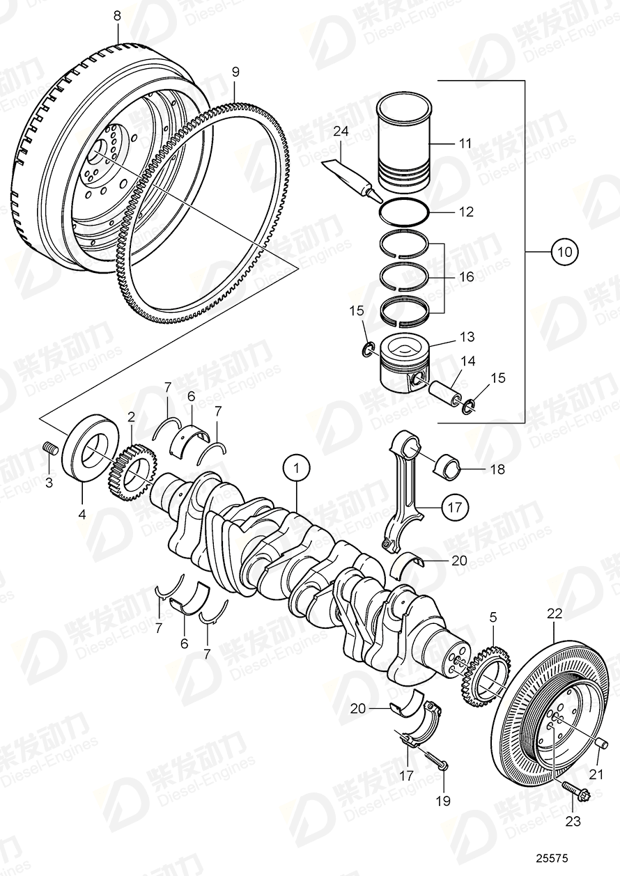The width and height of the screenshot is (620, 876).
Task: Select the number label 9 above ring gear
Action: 235,72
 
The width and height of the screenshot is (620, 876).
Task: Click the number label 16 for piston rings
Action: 466,276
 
